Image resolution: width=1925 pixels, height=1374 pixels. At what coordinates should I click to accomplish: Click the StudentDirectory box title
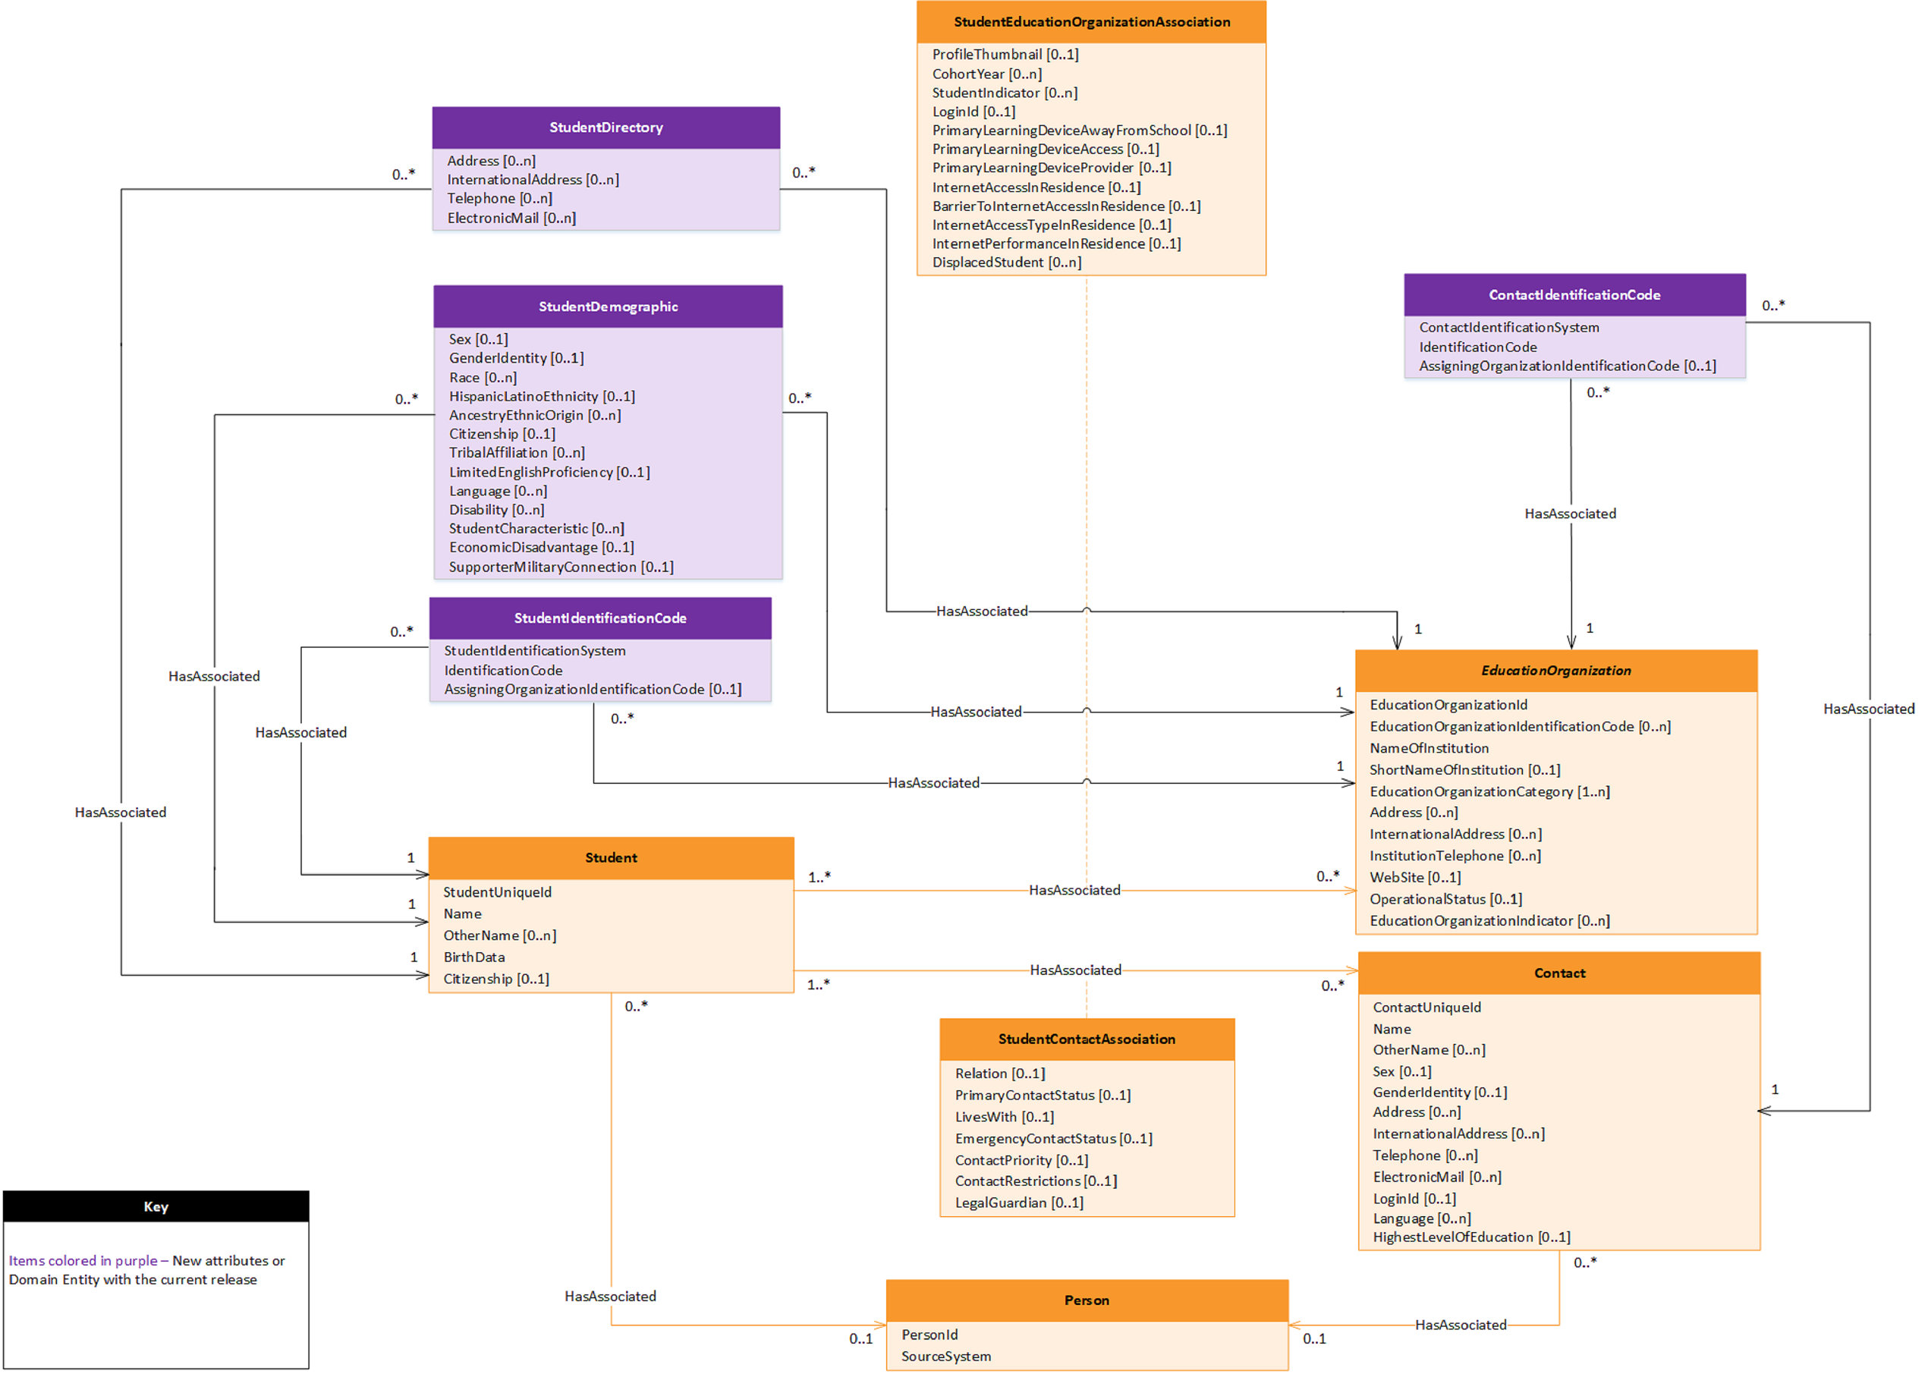[x=605, y=127]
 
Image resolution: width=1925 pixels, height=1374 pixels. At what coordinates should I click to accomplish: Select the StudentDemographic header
[x=608, y=307]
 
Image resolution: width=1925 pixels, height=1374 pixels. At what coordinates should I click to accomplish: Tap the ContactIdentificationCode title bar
[x=1574, y=294]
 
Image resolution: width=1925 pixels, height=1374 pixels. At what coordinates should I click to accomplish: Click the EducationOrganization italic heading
[x=1555, y=670]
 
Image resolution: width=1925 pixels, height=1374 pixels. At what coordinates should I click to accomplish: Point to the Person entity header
[x=1087, y=1300]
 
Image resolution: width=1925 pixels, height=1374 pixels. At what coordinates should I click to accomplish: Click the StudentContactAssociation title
[x=1087, y=1039]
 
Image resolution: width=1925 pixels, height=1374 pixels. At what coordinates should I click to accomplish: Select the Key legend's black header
[x=156, y=1206]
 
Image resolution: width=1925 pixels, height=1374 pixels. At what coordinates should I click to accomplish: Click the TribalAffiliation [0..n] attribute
[x=516, y=453]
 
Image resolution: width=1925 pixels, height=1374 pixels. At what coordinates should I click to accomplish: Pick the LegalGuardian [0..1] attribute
[x=1019, y=1203]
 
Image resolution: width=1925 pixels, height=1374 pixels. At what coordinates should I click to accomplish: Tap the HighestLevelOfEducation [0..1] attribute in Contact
[x=1470, y=1237]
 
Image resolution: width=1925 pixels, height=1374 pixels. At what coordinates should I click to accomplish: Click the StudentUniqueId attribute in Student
[x=497, y=891]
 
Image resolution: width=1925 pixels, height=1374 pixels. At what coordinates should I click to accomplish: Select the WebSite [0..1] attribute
[x=1415, y=877]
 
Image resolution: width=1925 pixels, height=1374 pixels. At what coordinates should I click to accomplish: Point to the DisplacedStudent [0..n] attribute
[x=1006, y=263]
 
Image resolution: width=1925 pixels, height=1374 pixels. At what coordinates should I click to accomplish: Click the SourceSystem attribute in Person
[x=946, y=1357]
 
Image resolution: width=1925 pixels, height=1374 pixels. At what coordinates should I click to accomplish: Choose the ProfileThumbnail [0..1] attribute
[x=1005, y=54]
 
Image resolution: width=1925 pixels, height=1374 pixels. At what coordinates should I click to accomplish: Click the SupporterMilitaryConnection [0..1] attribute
[x=560, y=567]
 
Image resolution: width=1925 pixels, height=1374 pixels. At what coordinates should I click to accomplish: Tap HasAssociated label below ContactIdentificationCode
[x=1570, y=514]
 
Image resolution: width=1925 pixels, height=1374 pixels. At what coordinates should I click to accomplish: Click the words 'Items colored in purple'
[x=82, y=1261]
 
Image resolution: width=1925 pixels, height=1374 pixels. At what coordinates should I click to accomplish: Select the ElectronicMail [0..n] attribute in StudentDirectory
[x=511, y=218]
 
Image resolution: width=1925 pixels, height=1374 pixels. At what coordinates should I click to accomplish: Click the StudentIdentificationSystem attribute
[x=534, y=651]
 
